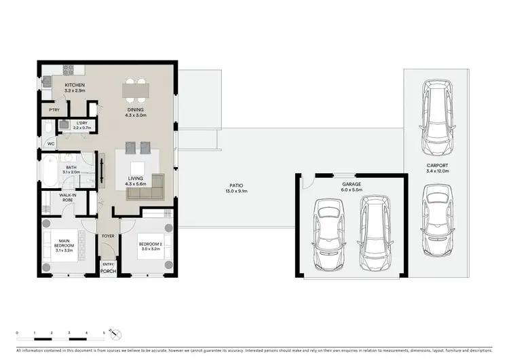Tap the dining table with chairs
(136, 88)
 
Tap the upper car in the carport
(436, 116)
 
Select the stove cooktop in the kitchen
(69, 69)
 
